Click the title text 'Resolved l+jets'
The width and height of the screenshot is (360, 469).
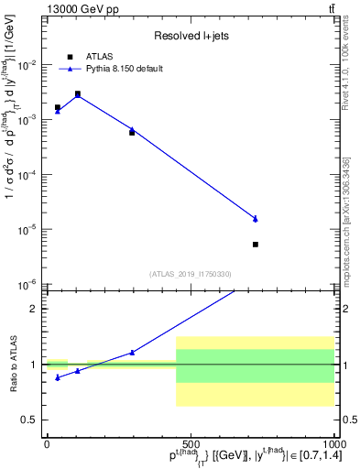191,36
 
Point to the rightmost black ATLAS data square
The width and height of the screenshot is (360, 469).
256,245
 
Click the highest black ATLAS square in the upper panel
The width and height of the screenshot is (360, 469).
78,94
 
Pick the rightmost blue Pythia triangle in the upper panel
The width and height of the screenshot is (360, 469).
256,219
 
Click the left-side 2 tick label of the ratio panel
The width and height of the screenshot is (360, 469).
33,309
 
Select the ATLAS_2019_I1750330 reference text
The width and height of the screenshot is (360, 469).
191,274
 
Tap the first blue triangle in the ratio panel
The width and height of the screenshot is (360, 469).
58,377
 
